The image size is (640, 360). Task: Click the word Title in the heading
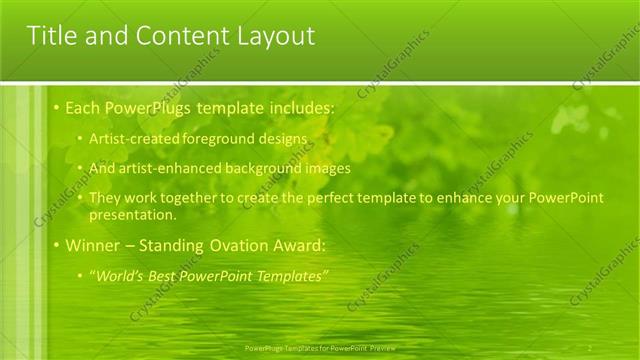point(50,37)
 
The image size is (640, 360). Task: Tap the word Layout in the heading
point(270,37)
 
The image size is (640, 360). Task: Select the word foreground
point(213,137)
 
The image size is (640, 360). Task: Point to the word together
point(190,198)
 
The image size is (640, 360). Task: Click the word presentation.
point(132,214)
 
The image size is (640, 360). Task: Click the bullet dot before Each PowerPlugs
point(57,107)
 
